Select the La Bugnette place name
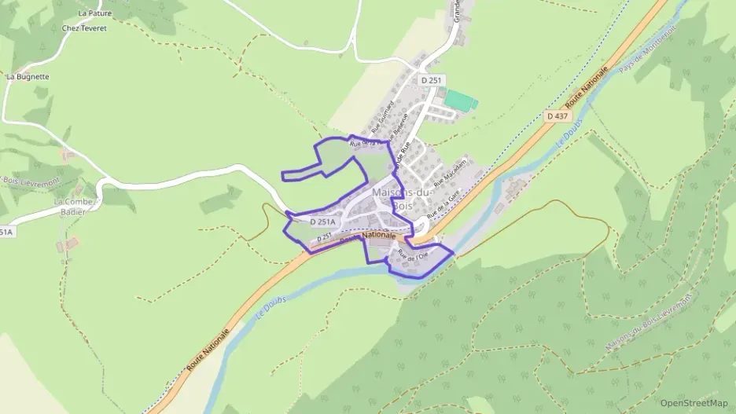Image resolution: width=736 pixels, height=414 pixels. [28, 77]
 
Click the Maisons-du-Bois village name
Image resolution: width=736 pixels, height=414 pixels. [403, 196]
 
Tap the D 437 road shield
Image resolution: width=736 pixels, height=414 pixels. [557, 115]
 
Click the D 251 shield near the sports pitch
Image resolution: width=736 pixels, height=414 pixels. [432, 80]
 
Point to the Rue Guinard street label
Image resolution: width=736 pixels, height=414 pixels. [381, 118]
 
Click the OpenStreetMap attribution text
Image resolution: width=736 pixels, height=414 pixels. [694, 403]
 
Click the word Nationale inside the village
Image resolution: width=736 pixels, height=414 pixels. [378, 235]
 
